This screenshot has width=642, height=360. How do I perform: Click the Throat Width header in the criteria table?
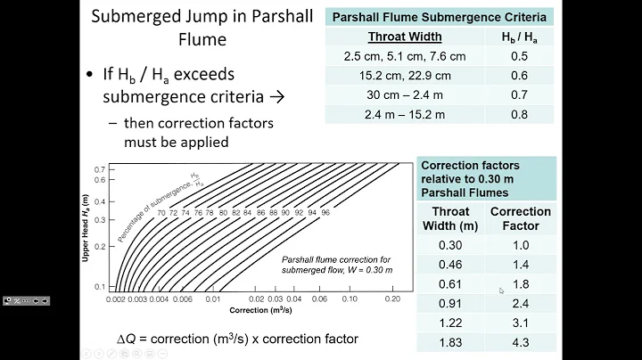pyautogui.click(x=407, y=37)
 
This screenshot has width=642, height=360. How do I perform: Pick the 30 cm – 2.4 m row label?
pyautogui.click(x=407, y=95)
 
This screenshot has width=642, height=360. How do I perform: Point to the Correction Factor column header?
pyautogui.click(x=522, y=219)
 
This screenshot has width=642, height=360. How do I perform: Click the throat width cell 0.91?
pyautogui.click(x=450, y=304)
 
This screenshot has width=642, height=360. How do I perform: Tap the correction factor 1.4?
pyautogui.click(x=522, y=265)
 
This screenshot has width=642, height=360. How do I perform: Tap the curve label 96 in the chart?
pyautogui.click(x=325, y=213)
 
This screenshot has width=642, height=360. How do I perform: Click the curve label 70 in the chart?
pyautogui.click(x=161, y=213)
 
